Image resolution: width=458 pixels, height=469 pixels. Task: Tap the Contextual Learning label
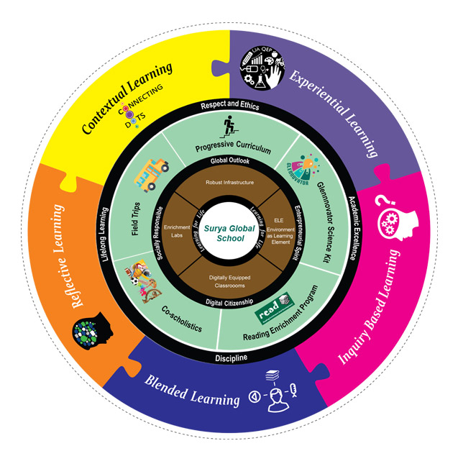(127, 98)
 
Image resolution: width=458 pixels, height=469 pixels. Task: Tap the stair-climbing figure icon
(229, 128)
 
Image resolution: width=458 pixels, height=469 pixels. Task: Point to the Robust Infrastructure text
(229, 183)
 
